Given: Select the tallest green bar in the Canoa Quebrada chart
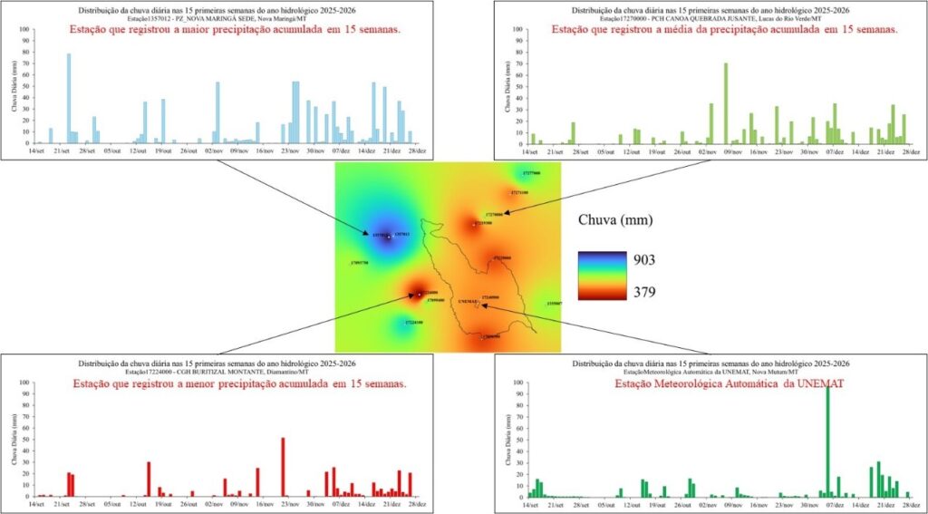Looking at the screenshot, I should coord(726,103).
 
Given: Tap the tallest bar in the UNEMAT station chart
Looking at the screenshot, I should coord(827,441).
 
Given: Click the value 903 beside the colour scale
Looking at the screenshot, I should coord(644,260).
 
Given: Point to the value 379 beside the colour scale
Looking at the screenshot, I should coord(644,292).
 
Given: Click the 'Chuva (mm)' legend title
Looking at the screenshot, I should coord(615,219).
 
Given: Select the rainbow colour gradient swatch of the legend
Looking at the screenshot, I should coord(602,276).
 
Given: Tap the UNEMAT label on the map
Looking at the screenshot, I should coord(468,302).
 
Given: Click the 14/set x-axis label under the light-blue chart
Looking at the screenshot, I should coord(37,151).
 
